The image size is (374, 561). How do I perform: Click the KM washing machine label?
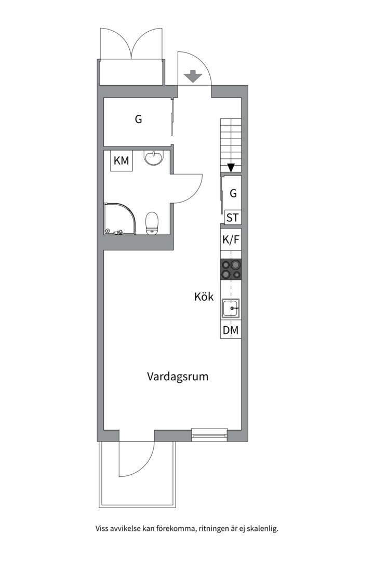point(122,161)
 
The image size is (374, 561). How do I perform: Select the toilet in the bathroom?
point(152,224)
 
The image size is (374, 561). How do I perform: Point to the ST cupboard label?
point(233,218)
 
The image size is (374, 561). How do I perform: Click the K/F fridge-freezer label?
point(231,239)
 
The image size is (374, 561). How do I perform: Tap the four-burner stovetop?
point(231,270)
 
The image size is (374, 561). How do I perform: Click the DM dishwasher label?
point(231,330)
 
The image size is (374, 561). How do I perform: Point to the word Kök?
point(204,297)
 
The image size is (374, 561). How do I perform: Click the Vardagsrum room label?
point(178,376)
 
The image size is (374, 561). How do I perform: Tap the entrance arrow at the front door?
point(193,77)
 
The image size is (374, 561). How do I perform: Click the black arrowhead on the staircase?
point(231,168)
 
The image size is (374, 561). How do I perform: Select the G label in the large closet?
point(138,119)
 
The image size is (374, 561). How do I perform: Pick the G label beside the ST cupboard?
point(233,193)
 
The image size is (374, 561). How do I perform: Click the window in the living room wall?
point(209,434)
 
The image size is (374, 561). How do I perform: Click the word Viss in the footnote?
point(102,529)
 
